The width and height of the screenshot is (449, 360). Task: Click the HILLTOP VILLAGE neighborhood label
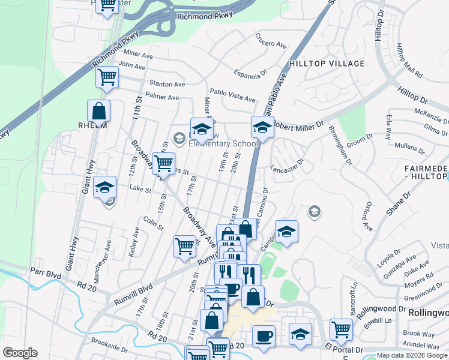click(x=327, y=64)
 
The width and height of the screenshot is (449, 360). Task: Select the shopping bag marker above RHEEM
click(x=98, y=111)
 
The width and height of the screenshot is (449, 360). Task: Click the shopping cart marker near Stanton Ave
click(x=107, y=77)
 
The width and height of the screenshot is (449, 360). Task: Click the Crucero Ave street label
click(x=271, y=44)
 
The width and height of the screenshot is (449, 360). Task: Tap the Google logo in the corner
click(x=20, y=353)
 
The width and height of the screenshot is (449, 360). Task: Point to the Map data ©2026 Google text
click(x=412, y=355)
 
